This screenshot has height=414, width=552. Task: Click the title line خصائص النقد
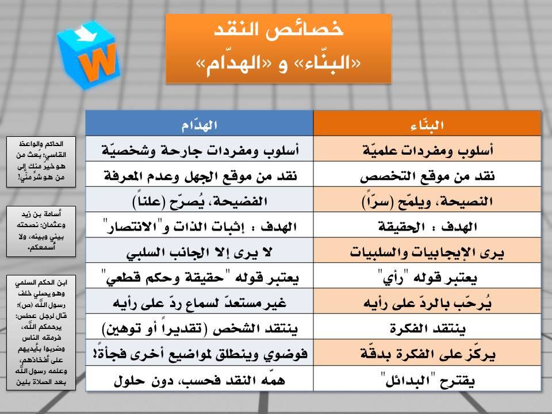coord(278,29)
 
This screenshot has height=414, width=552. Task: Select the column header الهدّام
coord(200,125)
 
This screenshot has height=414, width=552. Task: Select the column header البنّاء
coord(427,125)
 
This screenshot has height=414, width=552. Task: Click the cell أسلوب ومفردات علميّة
coord(428,150)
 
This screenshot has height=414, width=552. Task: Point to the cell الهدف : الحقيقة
coord(428,227)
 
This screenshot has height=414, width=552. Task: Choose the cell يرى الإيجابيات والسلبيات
coord(427,252)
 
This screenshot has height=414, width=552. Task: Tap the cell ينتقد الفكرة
coord(427,328)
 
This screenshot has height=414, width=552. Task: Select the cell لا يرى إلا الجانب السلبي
coord(200,252)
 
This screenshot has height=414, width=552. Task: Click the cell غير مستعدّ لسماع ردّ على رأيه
coord(200,303)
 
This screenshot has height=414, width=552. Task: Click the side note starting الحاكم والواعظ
coord(41,162)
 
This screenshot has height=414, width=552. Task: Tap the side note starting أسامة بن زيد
coord(41,231)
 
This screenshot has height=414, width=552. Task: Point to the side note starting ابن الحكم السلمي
coord(41,332)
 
